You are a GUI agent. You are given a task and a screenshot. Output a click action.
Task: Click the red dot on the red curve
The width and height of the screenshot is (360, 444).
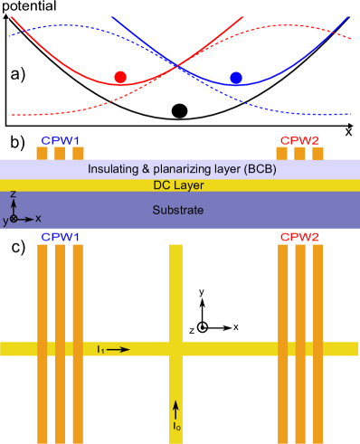point(120,78)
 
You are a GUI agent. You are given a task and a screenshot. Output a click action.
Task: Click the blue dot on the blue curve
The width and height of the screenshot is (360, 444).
point(236,78)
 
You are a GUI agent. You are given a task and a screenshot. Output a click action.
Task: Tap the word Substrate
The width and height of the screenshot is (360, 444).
point(178,210)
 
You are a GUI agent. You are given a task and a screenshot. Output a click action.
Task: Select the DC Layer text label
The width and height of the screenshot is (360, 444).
point(178,185)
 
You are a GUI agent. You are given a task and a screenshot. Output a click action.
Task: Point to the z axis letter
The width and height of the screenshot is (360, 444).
point(13,194)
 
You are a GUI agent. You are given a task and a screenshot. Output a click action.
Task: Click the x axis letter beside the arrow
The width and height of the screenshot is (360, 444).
point(38,219)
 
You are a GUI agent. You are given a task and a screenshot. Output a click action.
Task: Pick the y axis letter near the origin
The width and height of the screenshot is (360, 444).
point(5,221)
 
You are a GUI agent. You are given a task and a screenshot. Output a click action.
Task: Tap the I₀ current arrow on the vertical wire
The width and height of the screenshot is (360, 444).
point(176,408)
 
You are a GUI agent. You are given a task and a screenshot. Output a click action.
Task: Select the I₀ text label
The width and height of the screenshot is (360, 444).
point(176,425)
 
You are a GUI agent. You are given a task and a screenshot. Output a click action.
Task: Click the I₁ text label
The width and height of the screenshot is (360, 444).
point(101,348)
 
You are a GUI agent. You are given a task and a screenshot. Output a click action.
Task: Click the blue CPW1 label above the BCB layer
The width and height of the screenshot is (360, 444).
point(60,140)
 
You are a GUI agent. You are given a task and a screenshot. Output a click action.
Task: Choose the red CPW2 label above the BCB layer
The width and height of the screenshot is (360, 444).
point(299,140)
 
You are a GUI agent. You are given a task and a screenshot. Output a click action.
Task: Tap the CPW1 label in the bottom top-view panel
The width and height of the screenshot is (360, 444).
point(60,237)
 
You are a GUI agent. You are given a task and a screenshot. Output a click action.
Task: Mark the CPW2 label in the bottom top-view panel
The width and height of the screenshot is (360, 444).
point(299,237)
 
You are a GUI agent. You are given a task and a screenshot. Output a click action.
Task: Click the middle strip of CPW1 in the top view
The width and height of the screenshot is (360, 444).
point(60,298)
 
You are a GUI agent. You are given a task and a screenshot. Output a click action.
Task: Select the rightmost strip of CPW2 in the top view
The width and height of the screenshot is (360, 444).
point(317,298)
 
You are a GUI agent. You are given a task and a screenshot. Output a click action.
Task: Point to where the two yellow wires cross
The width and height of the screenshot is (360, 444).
point(175,348)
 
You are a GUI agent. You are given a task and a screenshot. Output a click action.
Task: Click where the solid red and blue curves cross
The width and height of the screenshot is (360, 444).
point(178,65)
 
